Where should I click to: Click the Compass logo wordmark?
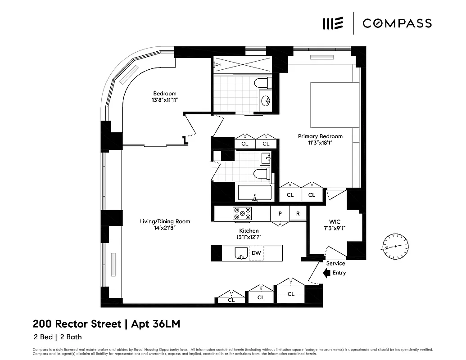[397, 23]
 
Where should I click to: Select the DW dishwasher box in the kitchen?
[256, 253]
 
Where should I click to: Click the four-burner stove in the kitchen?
[242, 214]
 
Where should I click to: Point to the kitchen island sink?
[241, 254]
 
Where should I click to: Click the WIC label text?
[334, 221]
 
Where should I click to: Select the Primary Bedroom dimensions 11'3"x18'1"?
[320, 144]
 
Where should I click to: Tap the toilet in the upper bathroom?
[262, 83]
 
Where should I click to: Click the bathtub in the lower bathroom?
[254, 193]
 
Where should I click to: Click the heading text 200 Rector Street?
[77, 324]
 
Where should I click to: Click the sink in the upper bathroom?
[266, 100]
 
